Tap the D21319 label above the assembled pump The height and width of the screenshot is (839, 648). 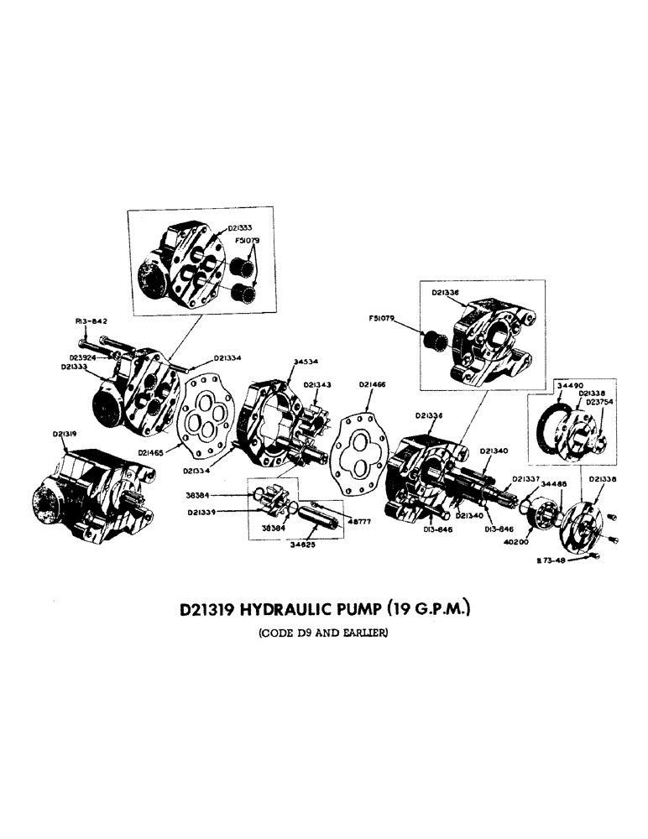click(65, 434)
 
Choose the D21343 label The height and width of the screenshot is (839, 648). click(316, 384)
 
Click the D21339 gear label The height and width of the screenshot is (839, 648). click(205, 511)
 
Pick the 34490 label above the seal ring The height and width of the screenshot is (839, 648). click(570, 383)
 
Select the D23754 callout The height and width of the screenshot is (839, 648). click(600, 402)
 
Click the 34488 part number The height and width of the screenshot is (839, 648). click(554, 484)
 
